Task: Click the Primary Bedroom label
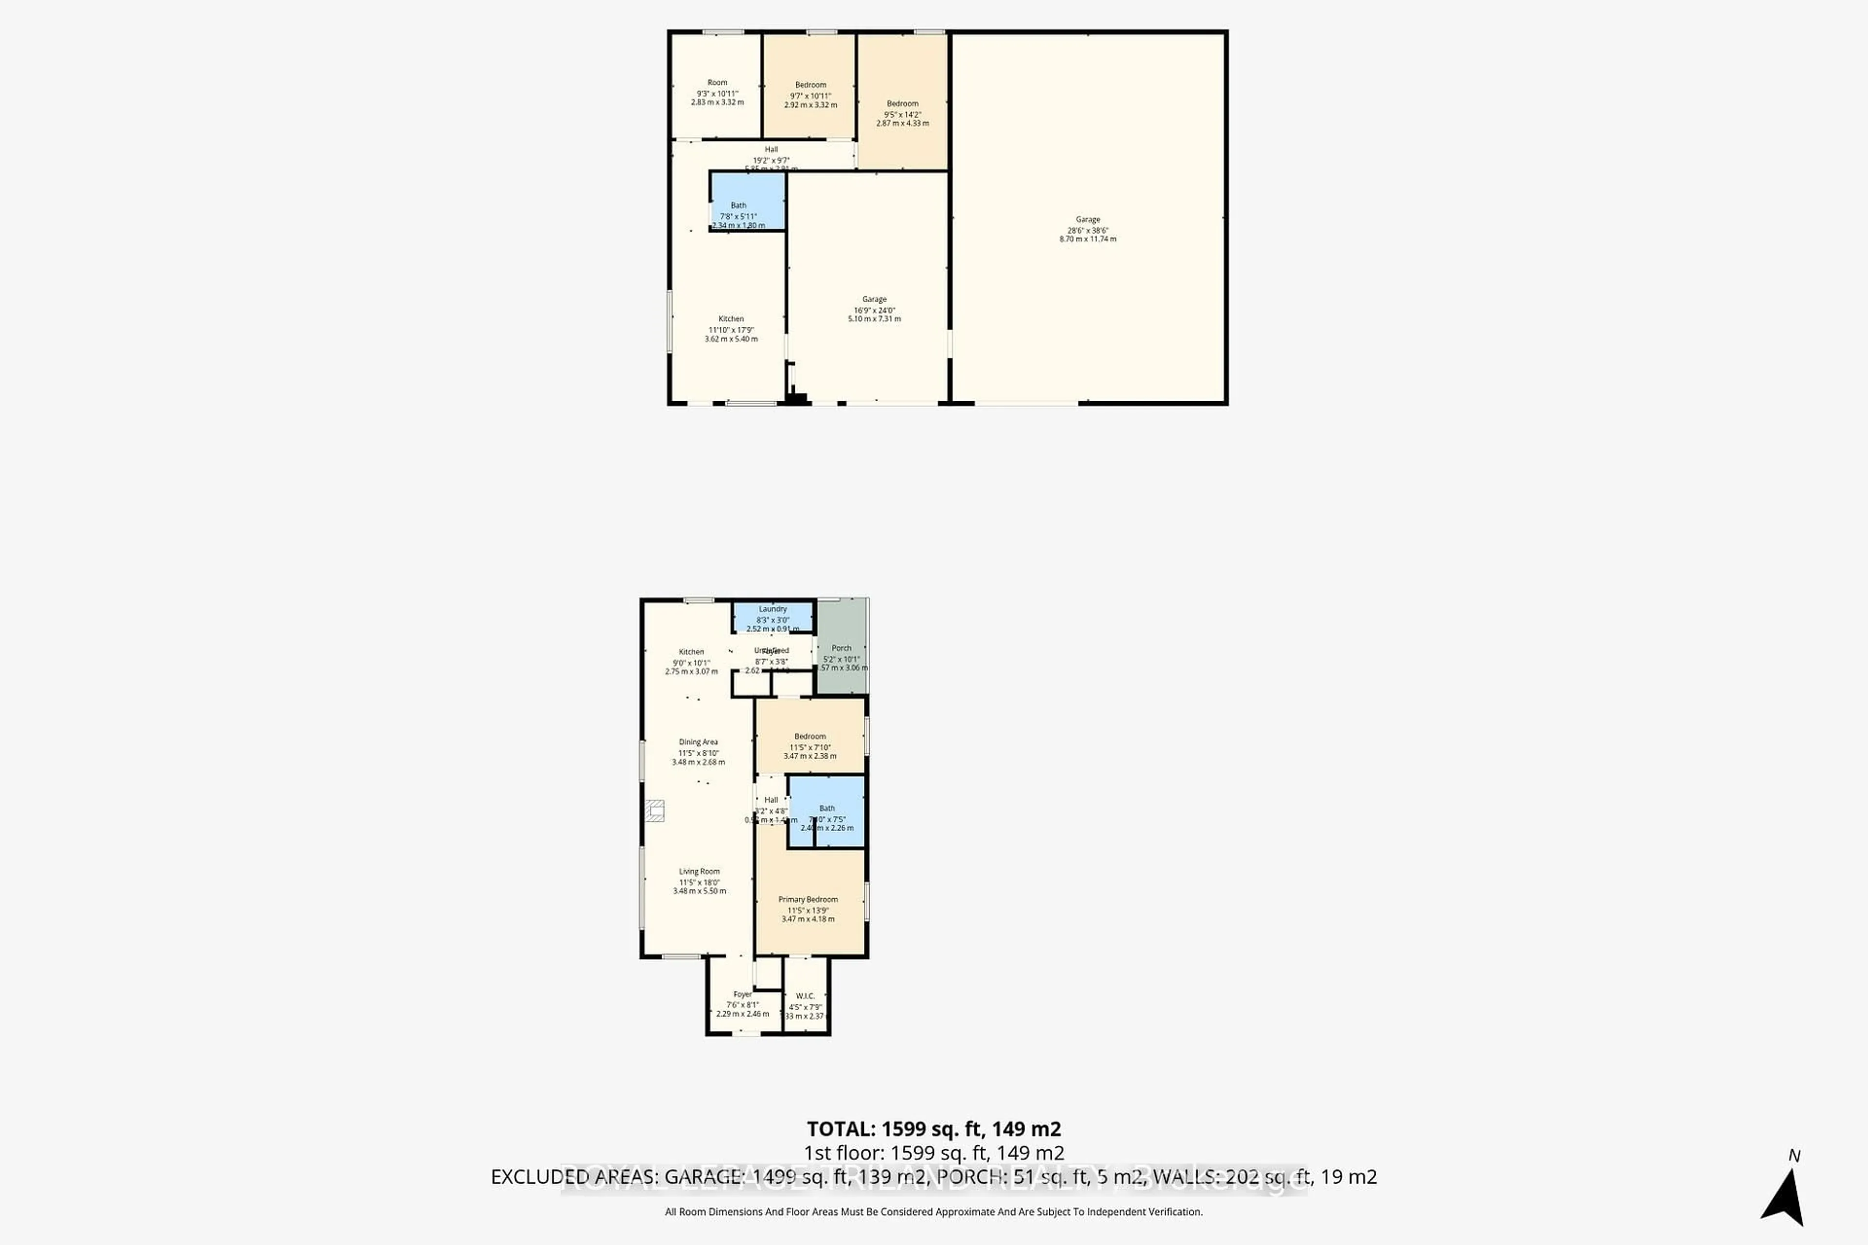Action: (808, 900)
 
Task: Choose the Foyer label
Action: (743, 994)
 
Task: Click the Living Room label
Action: (699, 872)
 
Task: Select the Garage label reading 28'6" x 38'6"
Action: (1087, 220)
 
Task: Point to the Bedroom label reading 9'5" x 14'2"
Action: (902, 104)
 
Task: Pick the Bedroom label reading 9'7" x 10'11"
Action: (810, 86)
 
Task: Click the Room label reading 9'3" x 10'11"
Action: (717, 83)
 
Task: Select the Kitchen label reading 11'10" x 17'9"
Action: (731, 319)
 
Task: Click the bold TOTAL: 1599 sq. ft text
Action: (933, 1129)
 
